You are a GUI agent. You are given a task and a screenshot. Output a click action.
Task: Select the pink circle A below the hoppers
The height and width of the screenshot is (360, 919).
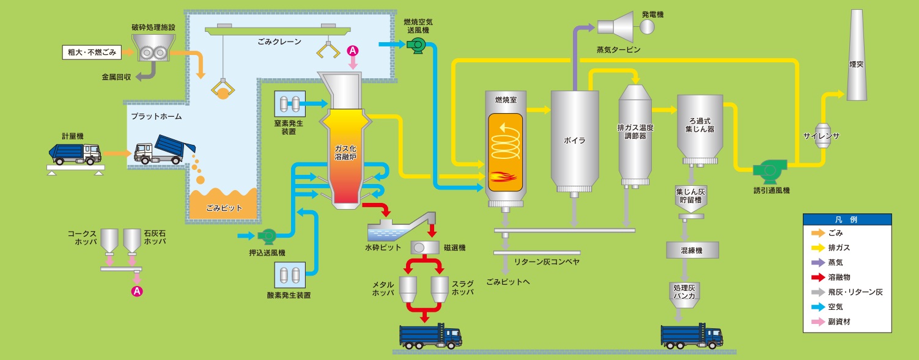(x=138, y=292)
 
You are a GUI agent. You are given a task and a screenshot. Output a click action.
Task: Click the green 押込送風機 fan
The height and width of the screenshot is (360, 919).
(x=267, y=235)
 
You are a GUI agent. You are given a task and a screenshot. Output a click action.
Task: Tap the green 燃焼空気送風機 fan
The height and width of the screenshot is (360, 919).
(x=417, y=44)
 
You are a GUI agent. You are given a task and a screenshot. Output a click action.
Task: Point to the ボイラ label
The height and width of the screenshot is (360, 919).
(x=574, y=140)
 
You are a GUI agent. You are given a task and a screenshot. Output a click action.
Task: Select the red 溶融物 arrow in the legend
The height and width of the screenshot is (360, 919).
(x=818, y=277)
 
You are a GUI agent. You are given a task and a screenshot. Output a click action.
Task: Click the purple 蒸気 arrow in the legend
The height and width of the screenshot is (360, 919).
(x=818, y=263)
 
